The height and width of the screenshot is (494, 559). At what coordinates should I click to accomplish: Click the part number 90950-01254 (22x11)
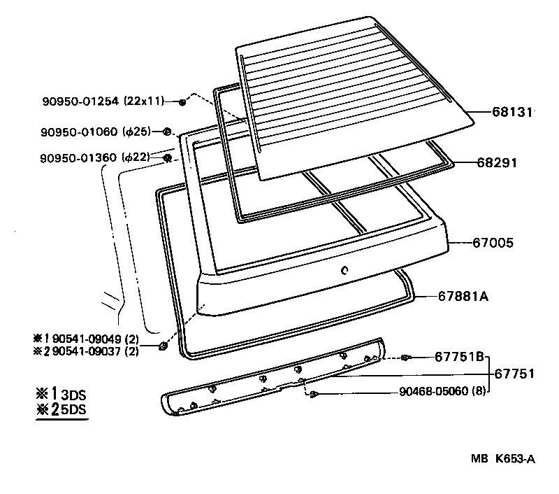click(x=102, y=101)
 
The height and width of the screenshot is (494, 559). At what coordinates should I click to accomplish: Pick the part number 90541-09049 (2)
click(x=95, y=339)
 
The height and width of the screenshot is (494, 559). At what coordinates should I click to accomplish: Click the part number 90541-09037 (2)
click(x=95, y=351)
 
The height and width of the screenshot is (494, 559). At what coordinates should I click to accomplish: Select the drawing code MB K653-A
click(x=502, y=459)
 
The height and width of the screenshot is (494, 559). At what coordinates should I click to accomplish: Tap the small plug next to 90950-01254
click(x=182, y=102)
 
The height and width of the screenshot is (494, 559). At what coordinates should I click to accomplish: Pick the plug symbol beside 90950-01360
click(x=167, y=158)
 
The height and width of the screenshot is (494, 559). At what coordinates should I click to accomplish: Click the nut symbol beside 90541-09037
click(x=162, y=345)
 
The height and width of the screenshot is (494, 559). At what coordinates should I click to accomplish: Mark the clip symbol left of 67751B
click(x=405, y=358)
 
